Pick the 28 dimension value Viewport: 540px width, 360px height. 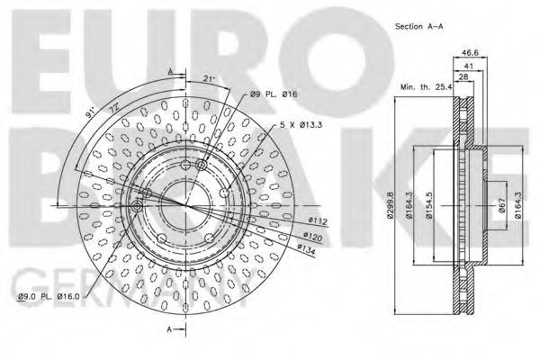463,78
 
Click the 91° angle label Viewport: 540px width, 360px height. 88,113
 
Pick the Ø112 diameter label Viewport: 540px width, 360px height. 317,220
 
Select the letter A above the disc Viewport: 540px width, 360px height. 169,70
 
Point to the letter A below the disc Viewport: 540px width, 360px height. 169,330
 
